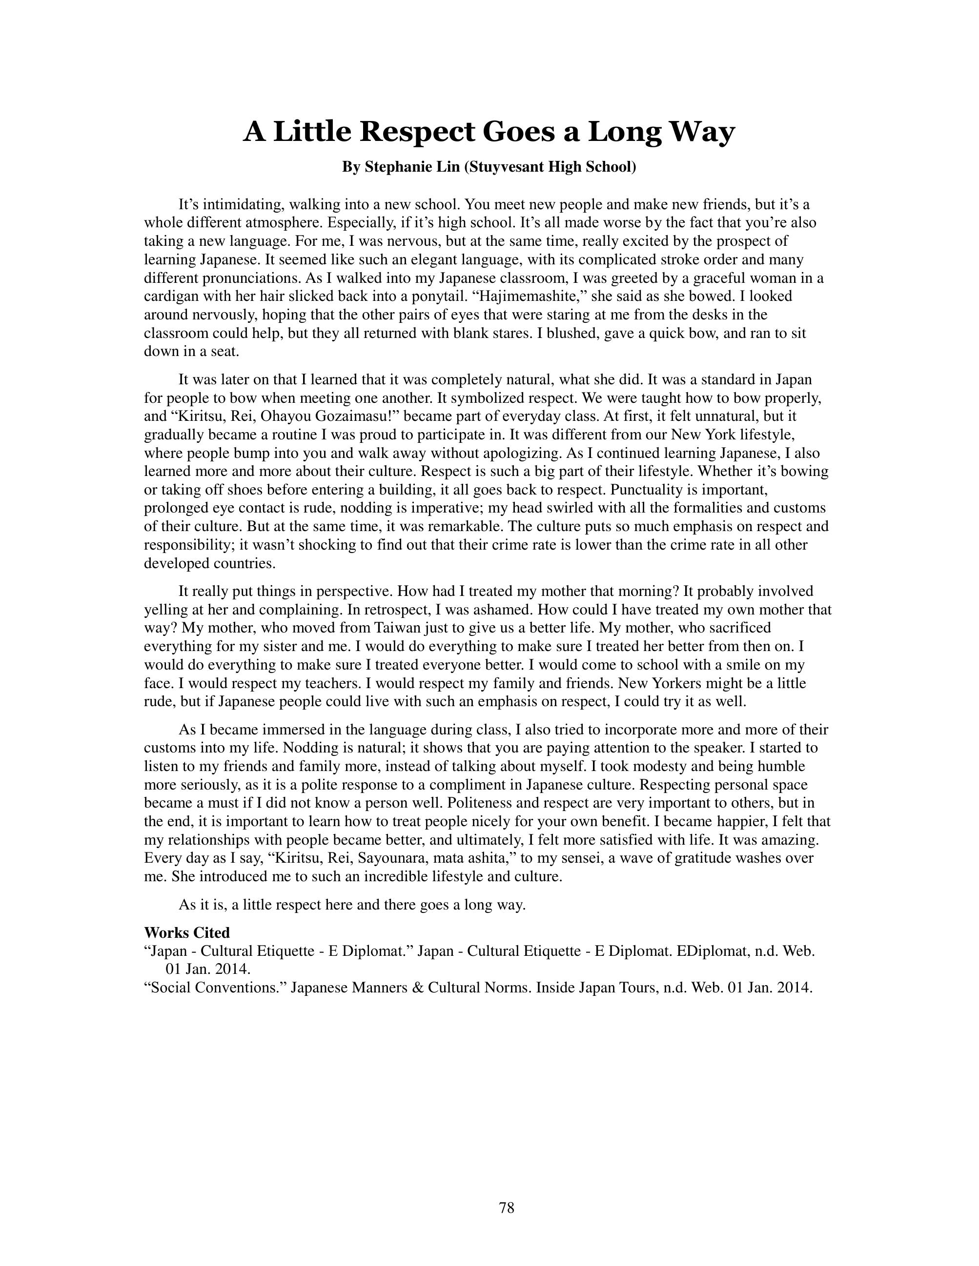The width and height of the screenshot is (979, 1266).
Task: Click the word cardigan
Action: click(x=171, y=296)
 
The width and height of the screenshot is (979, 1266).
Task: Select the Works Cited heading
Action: click(x=187, y=933)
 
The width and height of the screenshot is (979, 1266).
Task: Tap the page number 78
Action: click(x=506, y=1207)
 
